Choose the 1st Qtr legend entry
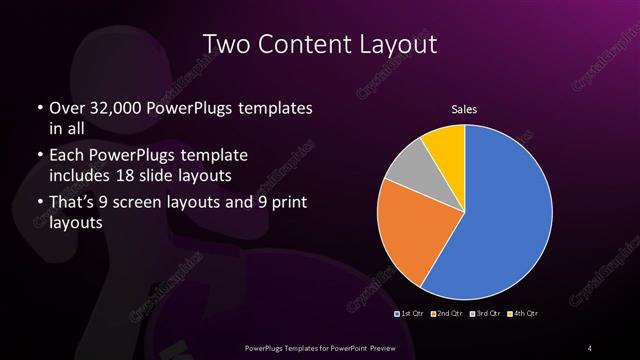[x=410, y=314]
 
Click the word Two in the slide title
[x=225, y=45]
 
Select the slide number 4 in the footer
[x=590, y=347]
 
